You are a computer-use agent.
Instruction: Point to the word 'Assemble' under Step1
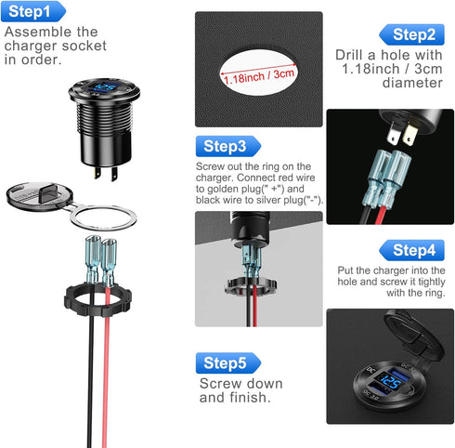tap(36, 31)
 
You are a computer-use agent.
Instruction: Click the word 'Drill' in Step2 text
tap(353, 53)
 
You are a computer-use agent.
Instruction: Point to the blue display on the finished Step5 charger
tap(391, 385)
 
